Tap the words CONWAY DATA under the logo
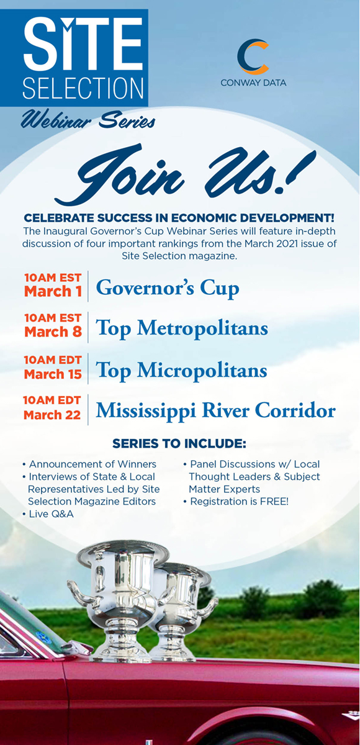pos(253,83)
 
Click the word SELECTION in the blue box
pos(83,88)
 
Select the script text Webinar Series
pos(88,120)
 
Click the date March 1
pos(53,292)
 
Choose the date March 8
pos(53,332)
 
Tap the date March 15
pos(53,374)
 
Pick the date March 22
pos(52,415)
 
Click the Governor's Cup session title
pos(168,288)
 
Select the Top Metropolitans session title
pos(182,328)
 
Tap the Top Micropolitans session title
pos(181,370)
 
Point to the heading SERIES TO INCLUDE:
pos(179,443)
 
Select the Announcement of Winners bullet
pos(89,464)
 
